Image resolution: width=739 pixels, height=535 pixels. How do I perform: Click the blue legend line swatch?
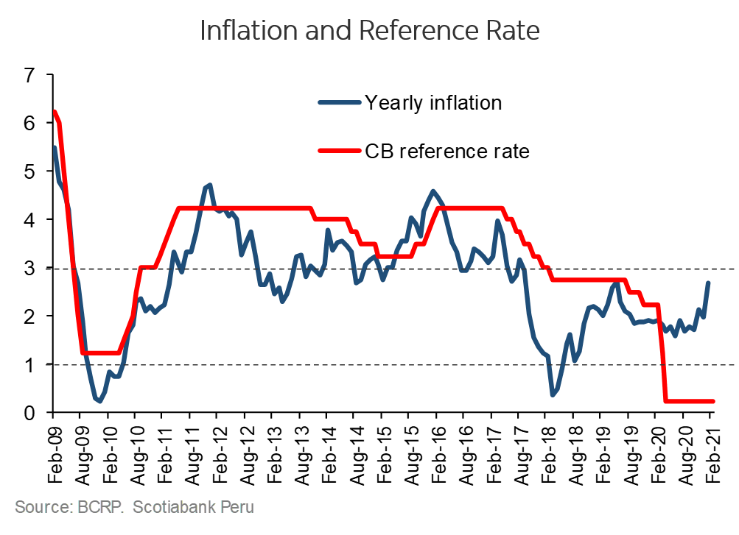(340, 103)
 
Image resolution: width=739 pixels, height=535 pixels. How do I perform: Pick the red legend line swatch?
(340, 150)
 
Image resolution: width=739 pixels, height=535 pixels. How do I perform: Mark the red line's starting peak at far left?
(55, 112)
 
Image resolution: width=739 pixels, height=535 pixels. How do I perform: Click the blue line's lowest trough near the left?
(98, 401)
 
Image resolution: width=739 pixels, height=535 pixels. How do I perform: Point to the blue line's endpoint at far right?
(709, 283)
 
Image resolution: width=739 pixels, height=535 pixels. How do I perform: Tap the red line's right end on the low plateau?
(713, 401)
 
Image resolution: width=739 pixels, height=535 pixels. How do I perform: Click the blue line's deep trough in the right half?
(553, 395)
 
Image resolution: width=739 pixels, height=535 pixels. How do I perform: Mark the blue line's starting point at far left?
(55, 147)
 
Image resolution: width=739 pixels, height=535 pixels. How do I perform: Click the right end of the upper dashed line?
(735, 269)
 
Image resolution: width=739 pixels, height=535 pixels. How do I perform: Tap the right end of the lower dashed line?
(735, 365)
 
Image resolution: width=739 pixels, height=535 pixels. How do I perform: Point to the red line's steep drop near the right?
(662, 353)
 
